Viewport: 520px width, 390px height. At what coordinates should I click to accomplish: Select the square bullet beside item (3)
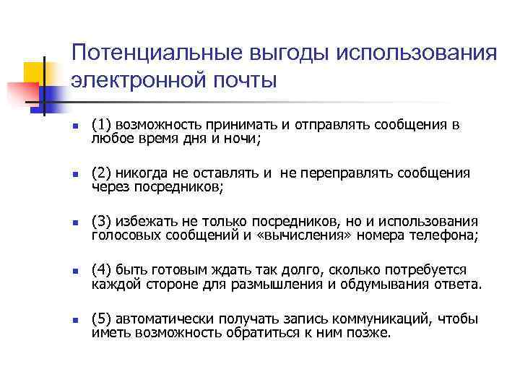coord(64,223)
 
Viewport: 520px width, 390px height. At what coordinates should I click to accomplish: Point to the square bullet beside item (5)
coord(64,321)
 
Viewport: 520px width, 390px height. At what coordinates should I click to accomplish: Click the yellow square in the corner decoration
coord(35,73)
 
